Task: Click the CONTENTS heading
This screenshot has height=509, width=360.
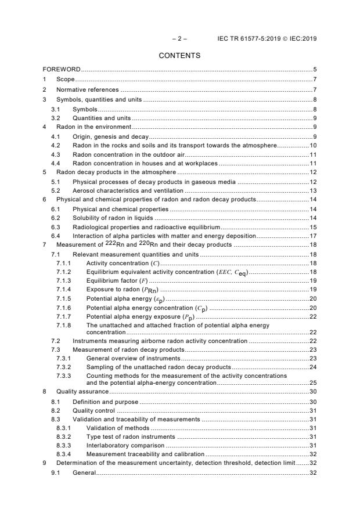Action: click(x=179, y=56)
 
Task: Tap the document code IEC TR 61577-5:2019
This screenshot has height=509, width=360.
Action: click(x=250, y=39)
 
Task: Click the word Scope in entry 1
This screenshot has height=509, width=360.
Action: click(x=65, y=79)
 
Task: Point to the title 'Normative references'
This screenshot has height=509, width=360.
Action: click(x=87, y=89)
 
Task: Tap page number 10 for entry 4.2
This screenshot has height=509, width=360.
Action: click(x=312, y=145)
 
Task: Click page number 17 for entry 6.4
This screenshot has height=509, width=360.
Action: click(x=312, y=236)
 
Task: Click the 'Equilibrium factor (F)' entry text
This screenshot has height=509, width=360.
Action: click(x=116, y=280)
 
